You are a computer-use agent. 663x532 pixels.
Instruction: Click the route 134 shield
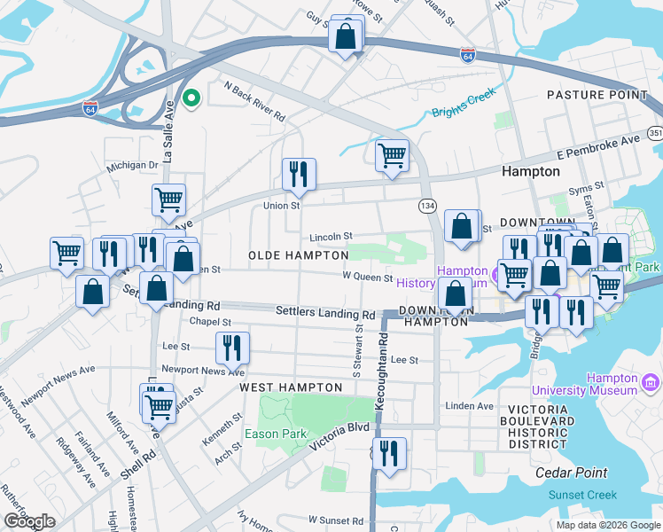427,206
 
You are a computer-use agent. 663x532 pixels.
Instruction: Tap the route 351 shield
654,133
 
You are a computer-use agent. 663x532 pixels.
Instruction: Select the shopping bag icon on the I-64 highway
346,37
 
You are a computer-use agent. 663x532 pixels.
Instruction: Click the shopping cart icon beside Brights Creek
392,157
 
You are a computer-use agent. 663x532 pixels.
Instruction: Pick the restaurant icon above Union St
299,174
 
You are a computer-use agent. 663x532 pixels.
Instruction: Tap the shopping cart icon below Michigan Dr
168,200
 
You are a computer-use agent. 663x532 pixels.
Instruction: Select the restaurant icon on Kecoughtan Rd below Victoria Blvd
389,455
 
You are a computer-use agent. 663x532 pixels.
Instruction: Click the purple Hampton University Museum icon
651,382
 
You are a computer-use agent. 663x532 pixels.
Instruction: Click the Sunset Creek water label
582,495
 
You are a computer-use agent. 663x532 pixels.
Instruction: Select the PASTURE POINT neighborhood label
597,95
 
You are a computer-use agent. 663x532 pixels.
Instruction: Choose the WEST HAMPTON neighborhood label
291,387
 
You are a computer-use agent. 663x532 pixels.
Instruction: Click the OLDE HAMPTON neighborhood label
298,255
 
